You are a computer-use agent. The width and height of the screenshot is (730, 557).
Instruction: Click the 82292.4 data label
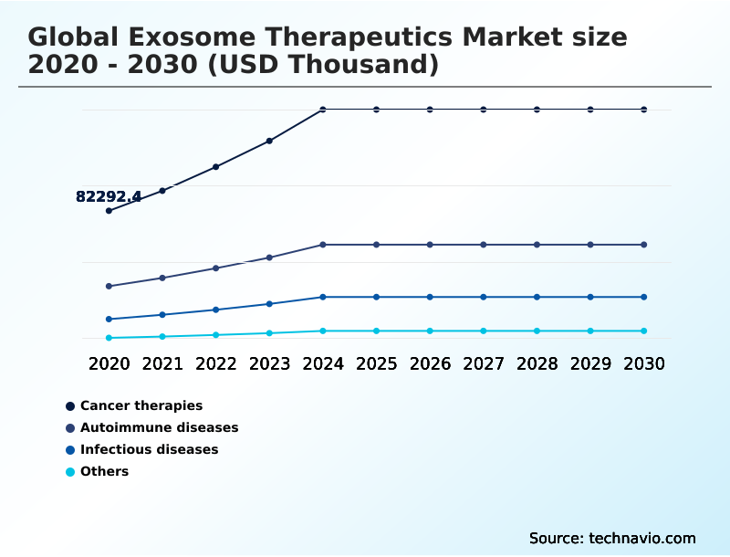(108, 196)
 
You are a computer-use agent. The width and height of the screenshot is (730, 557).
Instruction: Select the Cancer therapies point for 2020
(109, 211)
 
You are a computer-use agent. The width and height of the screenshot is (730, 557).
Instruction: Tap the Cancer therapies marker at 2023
(269, 141)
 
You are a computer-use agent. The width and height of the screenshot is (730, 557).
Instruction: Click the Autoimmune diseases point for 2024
(323, 245)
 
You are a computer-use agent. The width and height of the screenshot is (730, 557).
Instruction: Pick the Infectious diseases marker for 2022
(216, 310)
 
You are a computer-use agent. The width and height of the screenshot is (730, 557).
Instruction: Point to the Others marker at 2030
(644, 331)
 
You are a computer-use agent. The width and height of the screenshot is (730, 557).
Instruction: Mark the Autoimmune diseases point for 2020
(109, 286)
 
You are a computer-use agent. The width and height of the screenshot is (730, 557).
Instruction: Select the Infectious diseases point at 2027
(484, 297)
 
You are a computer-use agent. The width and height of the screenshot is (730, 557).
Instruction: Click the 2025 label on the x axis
(376, 363)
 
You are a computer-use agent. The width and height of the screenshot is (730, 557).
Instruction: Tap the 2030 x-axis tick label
(644, 363)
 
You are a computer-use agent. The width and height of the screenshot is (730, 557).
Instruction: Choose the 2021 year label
(162, 363)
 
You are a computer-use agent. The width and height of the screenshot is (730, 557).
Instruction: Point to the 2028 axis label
(537, 363)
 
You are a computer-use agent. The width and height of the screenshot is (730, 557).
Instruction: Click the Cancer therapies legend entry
(141, 405)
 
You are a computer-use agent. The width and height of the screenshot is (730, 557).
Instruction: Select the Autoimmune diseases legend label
(159, 427)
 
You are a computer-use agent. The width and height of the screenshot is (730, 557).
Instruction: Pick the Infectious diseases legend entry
(149, 449)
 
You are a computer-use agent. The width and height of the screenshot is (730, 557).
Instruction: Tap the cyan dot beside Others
(70, 472)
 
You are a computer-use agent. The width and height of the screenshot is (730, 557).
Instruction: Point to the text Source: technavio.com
(612, 538)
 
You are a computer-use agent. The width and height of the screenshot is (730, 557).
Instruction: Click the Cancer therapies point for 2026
(430, 110)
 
